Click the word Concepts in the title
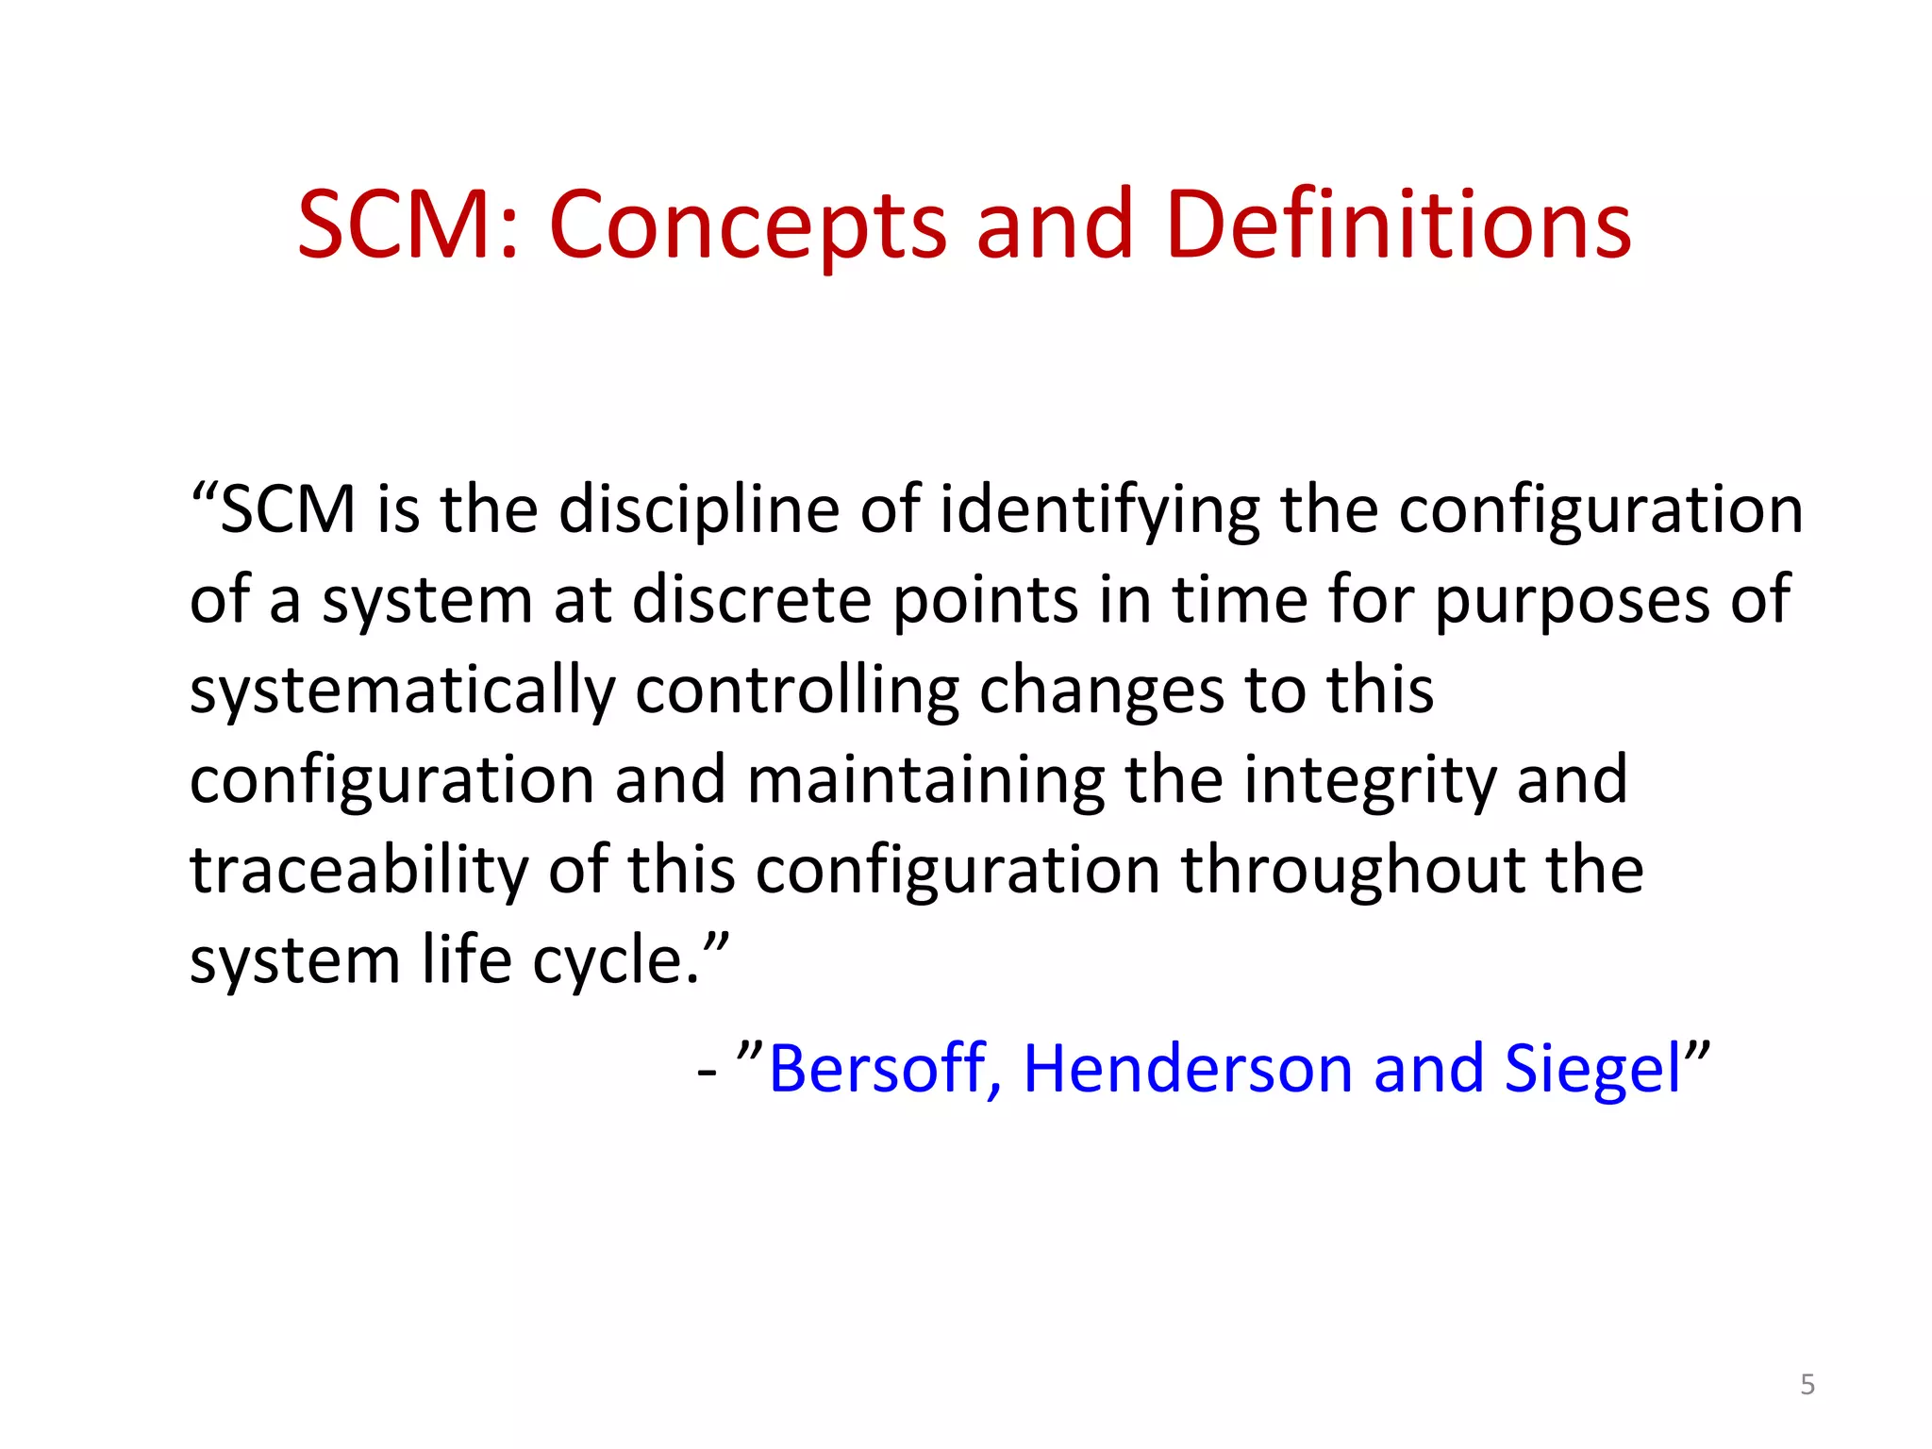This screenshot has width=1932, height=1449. [x=747, y=226]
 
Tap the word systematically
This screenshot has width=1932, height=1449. [x=402, y=691]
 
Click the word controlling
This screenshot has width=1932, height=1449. [x=797, y=691]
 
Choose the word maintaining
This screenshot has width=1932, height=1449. [x=925, y=781]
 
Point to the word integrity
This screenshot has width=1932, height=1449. [x=1370, y=781]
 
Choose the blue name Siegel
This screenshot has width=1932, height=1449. [x=1592, y=1070]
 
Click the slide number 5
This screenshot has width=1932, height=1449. [x=1807, y=1384]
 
